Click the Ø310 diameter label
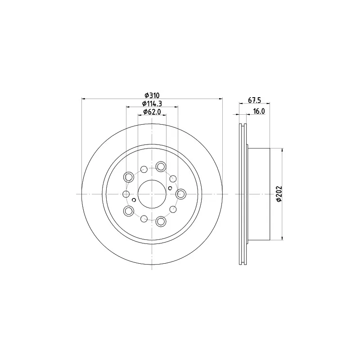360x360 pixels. click(x=152, y=95)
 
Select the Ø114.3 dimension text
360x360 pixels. click(x=152, y=103)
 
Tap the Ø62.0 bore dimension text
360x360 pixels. click(x=152, y=112)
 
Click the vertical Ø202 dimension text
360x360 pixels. click(x=279, y=194)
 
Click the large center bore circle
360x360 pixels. click(x=152, y=194)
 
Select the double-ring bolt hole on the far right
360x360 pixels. click(x=181, y=194)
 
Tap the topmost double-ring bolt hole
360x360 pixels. click(x=161, y=166)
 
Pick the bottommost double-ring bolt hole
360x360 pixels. click(x=161, y=221)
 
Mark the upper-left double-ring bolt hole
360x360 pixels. click(x=129, y=177)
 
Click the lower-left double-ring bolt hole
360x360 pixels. click(x=129, y=211)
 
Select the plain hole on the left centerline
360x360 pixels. click(x=126, y=194)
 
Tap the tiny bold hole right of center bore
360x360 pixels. click(x=170, y=188)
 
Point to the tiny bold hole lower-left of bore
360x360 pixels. click(x=134, y=200)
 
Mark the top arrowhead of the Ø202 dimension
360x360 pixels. click(x=282, y=150)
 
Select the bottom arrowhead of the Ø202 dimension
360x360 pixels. click(x=282, y=238)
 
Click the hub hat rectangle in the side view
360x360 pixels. click(x=259, y=194)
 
